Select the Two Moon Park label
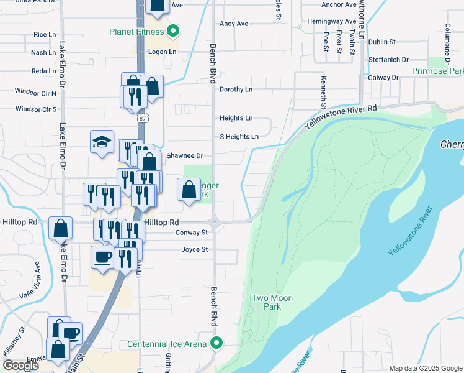pyautogui.click(x=272, y=303)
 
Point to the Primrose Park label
pyautogui.click(x=438, y=71)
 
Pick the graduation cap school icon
pyautogui.click(x=102, y=142)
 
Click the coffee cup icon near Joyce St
pyautogui.click(x=102, y=257)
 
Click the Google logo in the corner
pyautogui.click(x=20, y=365)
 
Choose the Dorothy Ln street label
pyautogui.click(x=236, y=90)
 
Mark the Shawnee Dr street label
pyautogui.click(x=181, y=155)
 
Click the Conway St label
pyautogui.click(x=190, y=233)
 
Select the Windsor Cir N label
pyautogui.click(x=36, y=93)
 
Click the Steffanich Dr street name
pyautogui.click(x=388, y=60)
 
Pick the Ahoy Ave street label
pyautogui.click(x=234, y=24)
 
